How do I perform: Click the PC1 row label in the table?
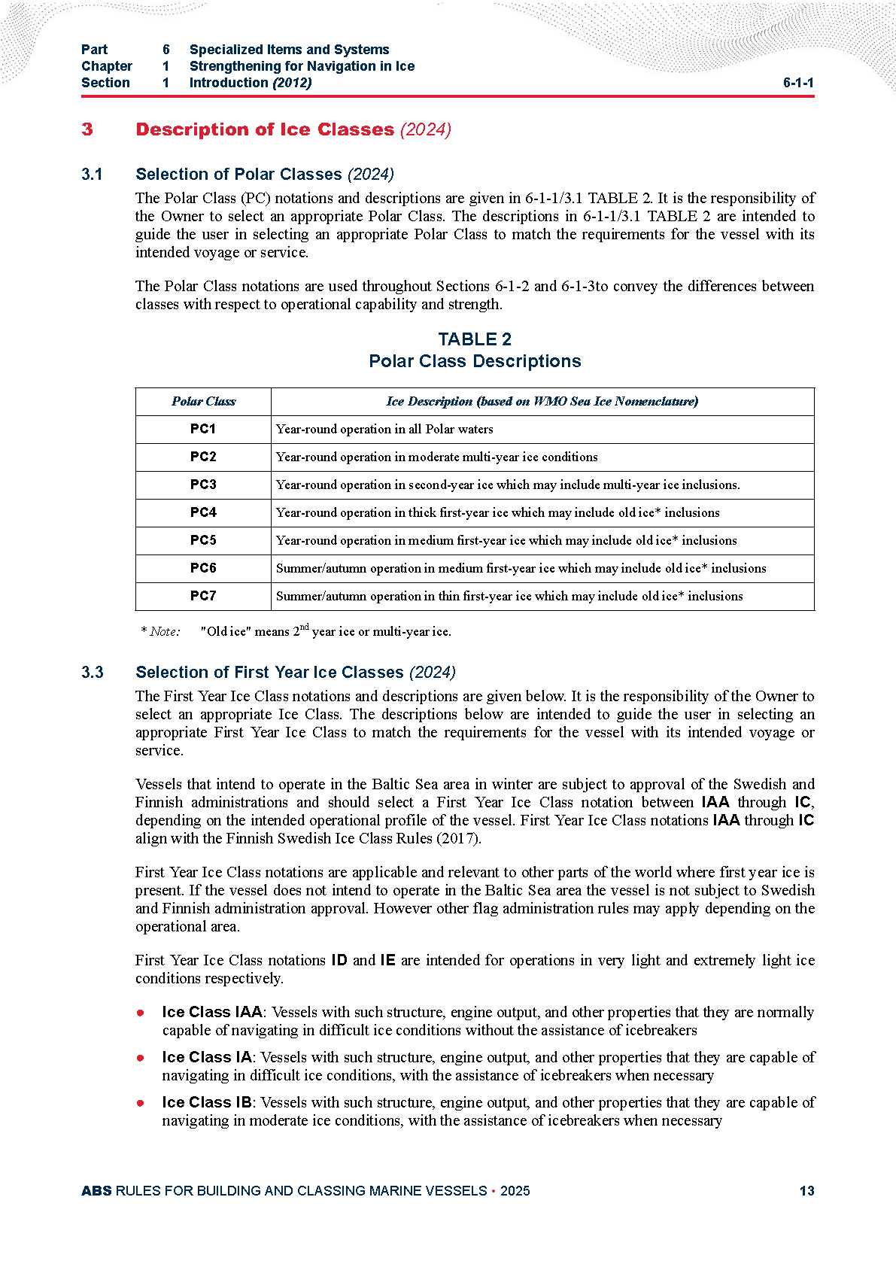point(203,429)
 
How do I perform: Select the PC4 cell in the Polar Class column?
point(203,512)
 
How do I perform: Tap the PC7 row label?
point(203,596)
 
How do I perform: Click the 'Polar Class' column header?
point(203,402)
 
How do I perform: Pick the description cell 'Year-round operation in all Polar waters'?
point(384,430)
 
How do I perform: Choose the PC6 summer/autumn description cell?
point(521,568)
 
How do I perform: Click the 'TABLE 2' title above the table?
point(475,339)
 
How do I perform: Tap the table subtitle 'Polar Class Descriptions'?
point(475,361)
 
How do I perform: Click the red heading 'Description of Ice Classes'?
point(265,129)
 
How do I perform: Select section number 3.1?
point(92,175)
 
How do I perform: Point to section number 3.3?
point(92,673)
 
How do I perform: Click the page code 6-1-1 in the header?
point(798,83)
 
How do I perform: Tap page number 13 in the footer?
point(806,1191)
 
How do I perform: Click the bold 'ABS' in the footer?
point(96,1191)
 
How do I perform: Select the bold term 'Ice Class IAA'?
point(212,1012)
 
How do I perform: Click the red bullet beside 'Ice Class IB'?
point(141,1103)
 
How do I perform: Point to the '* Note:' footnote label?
point(160,632)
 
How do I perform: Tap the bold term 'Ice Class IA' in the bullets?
point(207,1057)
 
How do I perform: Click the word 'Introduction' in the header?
point(229,83)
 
